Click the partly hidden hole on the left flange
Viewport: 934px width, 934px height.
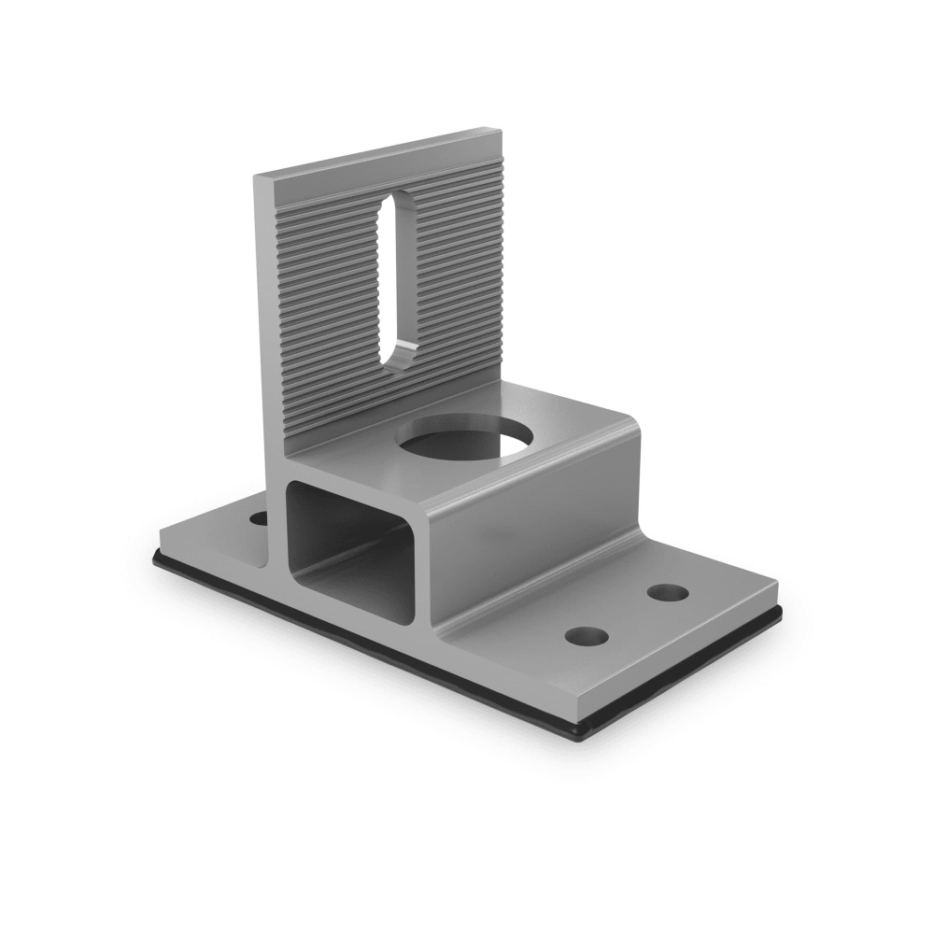258,516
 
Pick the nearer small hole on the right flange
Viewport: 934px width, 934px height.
586,636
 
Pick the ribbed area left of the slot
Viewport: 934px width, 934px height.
327,299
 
